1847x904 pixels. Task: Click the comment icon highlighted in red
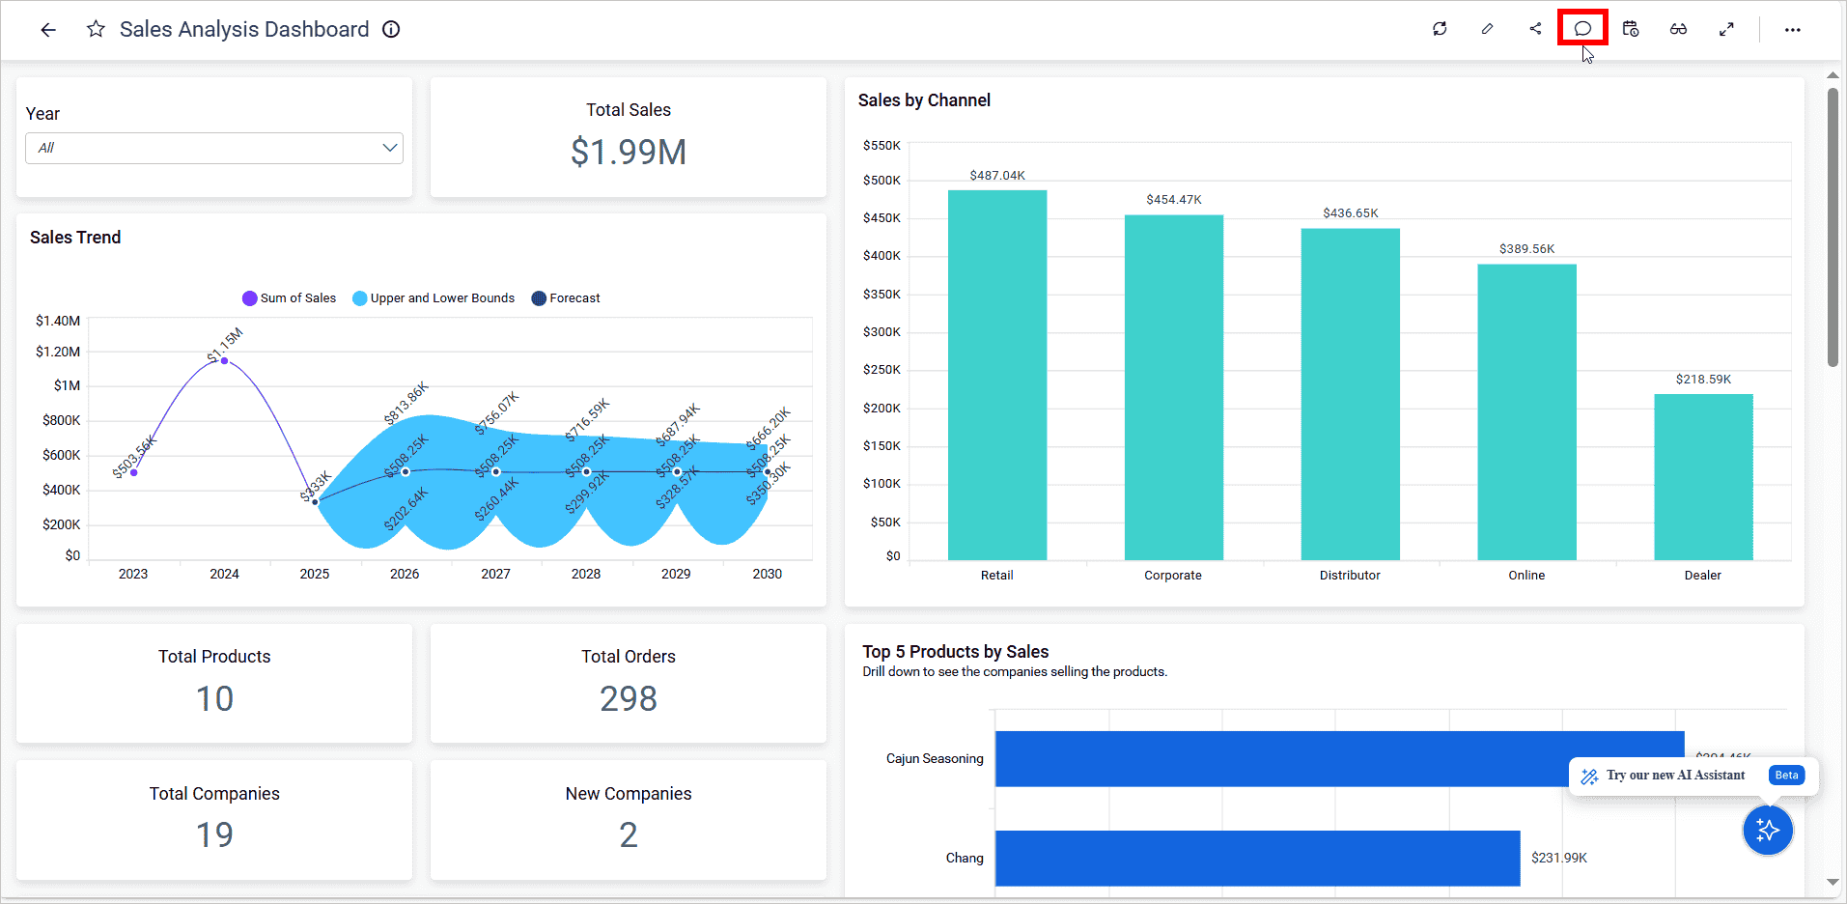[1582, 28]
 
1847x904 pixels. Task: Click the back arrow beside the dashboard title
[48, 30]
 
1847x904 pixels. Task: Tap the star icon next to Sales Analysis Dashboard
[96, 29]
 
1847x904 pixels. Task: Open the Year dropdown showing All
[214, 148]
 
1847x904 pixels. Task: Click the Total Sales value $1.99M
[628, 152]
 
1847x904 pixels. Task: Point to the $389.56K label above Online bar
[1526, 249]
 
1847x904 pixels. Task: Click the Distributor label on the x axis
[1349, 575]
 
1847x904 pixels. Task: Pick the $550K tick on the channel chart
[881, 146]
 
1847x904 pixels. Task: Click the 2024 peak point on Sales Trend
[224, 361]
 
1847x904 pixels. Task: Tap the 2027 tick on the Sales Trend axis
[495, 574]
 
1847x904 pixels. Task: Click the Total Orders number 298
[628, 698]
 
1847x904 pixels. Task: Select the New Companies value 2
[628, 834]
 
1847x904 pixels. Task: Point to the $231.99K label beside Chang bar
[1558, 858]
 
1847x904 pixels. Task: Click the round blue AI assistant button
[1767, 830]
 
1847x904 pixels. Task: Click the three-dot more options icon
[1792, 30]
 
